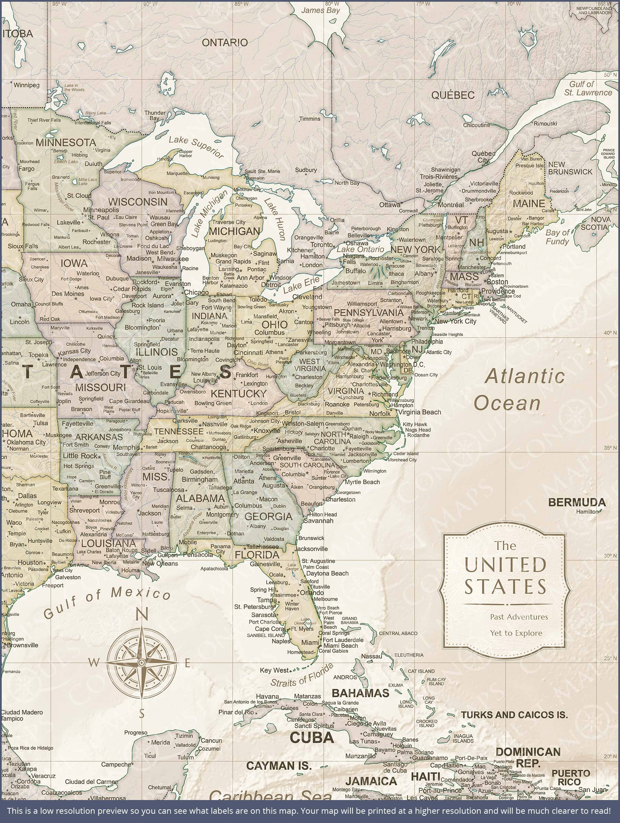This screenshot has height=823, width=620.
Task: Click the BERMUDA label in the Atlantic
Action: tap(577, 503)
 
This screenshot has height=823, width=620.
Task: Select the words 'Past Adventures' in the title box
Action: tap(519, 617)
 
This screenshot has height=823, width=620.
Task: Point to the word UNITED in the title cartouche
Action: tap(505, 565)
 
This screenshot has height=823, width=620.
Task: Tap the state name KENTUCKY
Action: tap(239, 393)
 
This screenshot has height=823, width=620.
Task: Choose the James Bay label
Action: tap(320, 10)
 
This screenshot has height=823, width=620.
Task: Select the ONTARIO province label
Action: tap(224, 43)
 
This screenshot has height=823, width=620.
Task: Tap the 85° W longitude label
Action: tap(241, 4)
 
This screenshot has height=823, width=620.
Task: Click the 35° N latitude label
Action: tap(610, 448)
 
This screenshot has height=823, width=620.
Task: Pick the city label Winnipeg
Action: tap(26, 85)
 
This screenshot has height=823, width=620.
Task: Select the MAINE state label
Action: tap(528, 203)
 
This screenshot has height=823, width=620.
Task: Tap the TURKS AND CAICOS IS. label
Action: tap(514, 715)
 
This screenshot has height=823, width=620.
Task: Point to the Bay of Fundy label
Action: tap(557, 237)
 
